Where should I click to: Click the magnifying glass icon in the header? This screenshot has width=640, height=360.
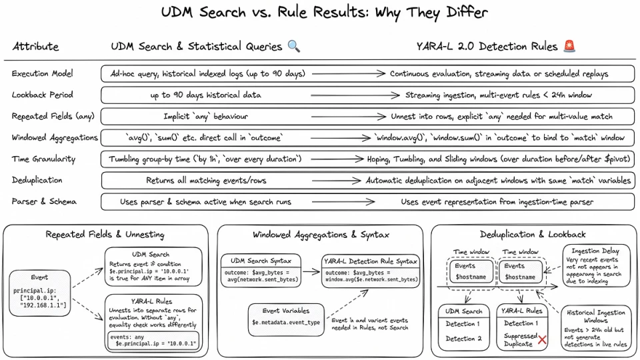[x=294, y=46]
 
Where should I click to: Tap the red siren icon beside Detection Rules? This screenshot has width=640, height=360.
[x=569, y=46]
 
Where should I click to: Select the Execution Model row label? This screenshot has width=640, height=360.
[x=43, y=73]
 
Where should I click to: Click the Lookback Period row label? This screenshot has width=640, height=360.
[x=43, y=95]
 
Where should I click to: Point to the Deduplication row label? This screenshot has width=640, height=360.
[x=37, y=180]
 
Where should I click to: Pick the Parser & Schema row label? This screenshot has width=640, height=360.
[x=44, y=201]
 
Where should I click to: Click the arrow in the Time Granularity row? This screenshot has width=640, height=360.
[x=337, y=159]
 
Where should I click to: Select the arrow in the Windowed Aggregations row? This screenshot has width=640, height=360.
[x=341, y=138]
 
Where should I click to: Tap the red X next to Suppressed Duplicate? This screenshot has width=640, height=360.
[x=542, y=339]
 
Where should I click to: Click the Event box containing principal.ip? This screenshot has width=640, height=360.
[x=39, y=293]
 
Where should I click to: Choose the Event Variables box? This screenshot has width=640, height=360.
[x=286, y=319]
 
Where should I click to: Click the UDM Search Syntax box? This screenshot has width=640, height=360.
[x=261, y=271]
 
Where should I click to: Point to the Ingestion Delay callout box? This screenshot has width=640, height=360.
[x=595, y=266]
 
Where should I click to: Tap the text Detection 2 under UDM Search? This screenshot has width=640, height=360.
[x=463, y=339]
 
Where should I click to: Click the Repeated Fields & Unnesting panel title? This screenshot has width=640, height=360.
[x=105, y=234]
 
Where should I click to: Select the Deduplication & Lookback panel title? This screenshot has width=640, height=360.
[x=533, y=234]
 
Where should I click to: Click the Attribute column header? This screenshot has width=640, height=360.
[x=35, y=46]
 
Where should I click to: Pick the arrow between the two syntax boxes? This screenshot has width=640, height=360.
[x=311, y=271]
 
